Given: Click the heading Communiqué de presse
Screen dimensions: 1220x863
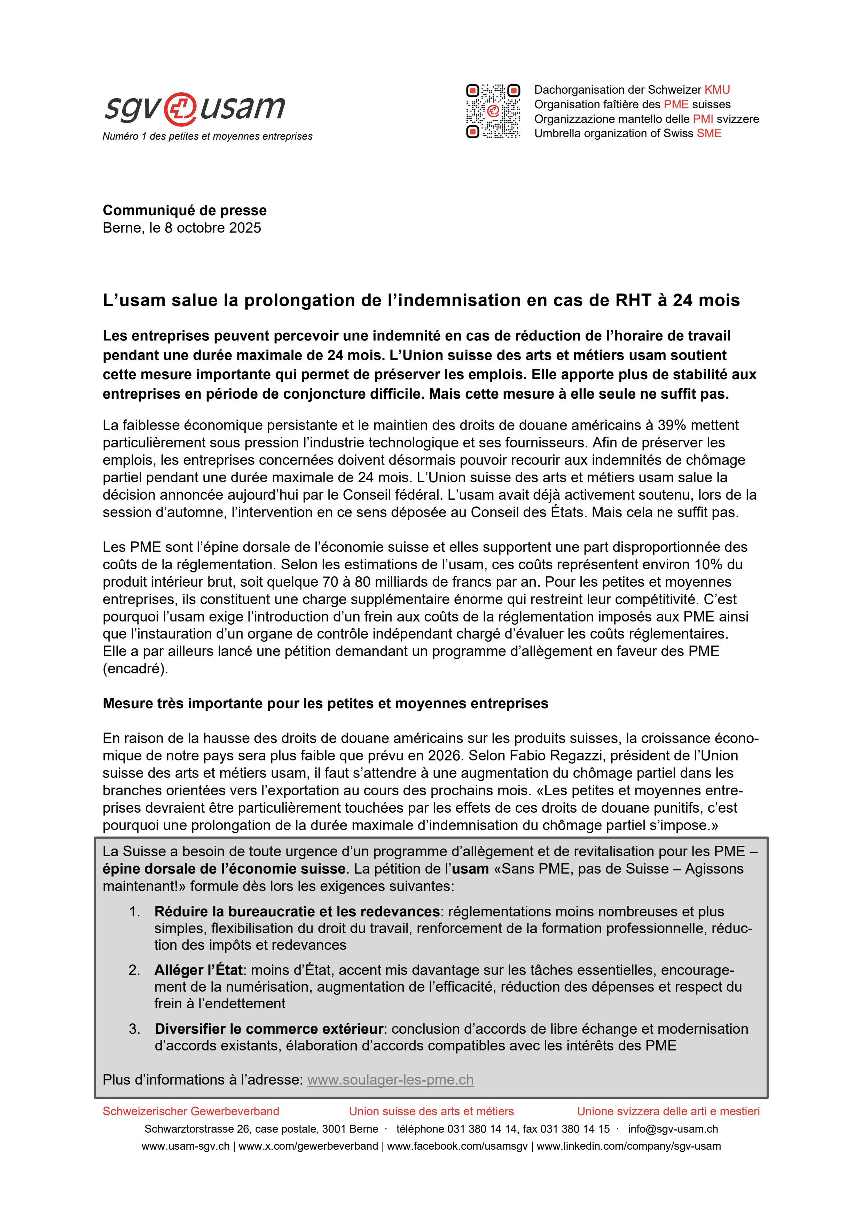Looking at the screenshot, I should point(185,210).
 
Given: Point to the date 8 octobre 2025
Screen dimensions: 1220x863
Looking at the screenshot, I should point(213,228).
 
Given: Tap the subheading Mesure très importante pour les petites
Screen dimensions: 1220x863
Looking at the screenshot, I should point(325,704).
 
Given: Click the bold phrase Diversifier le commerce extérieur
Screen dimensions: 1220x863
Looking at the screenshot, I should point(268,1029).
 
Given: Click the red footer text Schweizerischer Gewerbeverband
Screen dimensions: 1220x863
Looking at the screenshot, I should point(191,1111).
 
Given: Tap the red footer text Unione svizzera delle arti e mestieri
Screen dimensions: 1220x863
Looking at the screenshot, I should point(668,1111).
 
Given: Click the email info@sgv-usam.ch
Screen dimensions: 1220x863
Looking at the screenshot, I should point(673,1129).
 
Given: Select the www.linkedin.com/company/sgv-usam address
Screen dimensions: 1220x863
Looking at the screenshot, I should point(629,1146).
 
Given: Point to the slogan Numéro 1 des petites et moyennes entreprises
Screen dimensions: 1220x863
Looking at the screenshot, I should point(207,136).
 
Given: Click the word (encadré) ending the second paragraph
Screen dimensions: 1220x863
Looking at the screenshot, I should point(135,669).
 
